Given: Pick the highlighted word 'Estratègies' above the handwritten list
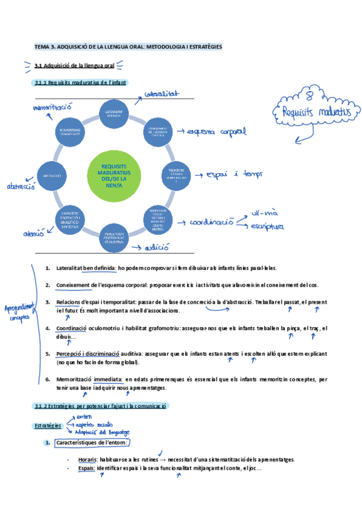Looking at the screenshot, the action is [46, 426].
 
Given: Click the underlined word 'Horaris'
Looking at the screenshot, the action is [88, 460].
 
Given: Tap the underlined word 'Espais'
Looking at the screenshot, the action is [86, 469].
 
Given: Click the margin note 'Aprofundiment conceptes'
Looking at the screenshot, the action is [20, 311].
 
